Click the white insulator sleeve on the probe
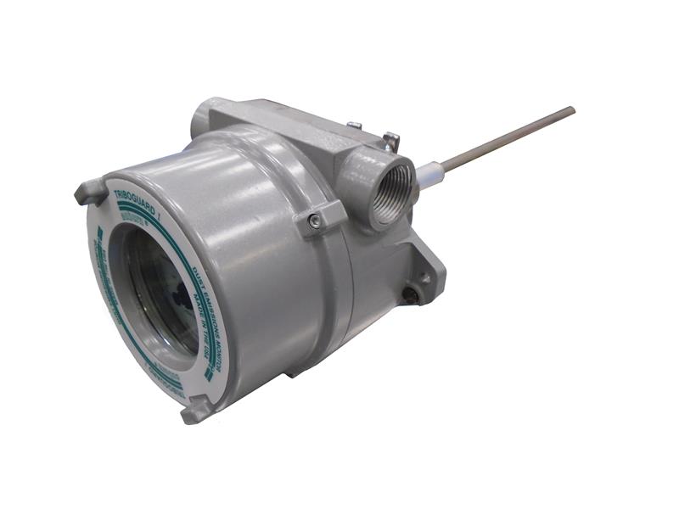pos(427,173)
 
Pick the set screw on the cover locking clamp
pos(315,221)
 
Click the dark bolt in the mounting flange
pos(412,294)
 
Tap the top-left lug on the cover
pos(89,192)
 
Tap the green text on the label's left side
pos(105,280)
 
